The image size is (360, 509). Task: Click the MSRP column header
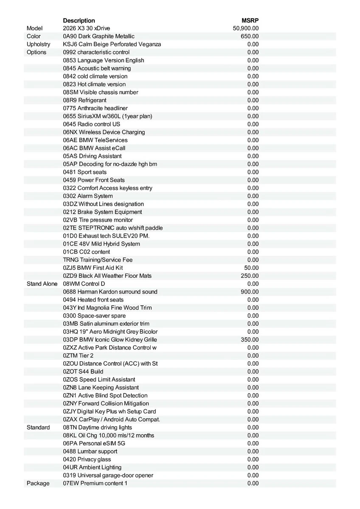pos(250,20)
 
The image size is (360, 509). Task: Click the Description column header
pos(79,20)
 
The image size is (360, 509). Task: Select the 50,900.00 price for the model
pos(246,28)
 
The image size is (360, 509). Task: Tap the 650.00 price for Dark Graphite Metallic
pos(250,36)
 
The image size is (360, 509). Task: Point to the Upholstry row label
pos(38,44)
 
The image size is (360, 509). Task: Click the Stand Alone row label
pos(42,284)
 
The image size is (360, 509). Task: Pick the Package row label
pos(38,483)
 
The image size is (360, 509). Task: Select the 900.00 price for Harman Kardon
pos(250,292)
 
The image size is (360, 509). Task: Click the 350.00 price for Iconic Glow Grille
pos(250,340)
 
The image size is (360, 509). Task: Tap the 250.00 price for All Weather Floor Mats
pos(250,276)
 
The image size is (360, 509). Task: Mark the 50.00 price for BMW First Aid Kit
pos(251,268)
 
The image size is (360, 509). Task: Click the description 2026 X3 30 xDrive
pos(86,28)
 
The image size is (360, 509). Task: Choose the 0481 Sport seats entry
pos(85,172)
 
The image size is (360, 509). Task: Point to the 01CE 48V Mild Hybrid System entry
pos(101,244)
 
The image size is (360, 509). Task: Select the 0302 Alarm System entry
pos(88,196)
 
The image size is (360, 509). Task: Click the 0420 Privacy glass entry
pos(87,459)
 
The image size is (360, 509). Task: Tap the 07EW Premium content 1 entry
pos(95,483)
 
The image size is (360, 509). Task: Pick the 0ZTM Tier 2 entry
pos(78,355)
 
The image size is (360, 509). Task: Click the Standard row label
pos(38,427)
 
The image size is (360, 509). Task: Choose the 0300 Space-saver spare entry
pos(94,316)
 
